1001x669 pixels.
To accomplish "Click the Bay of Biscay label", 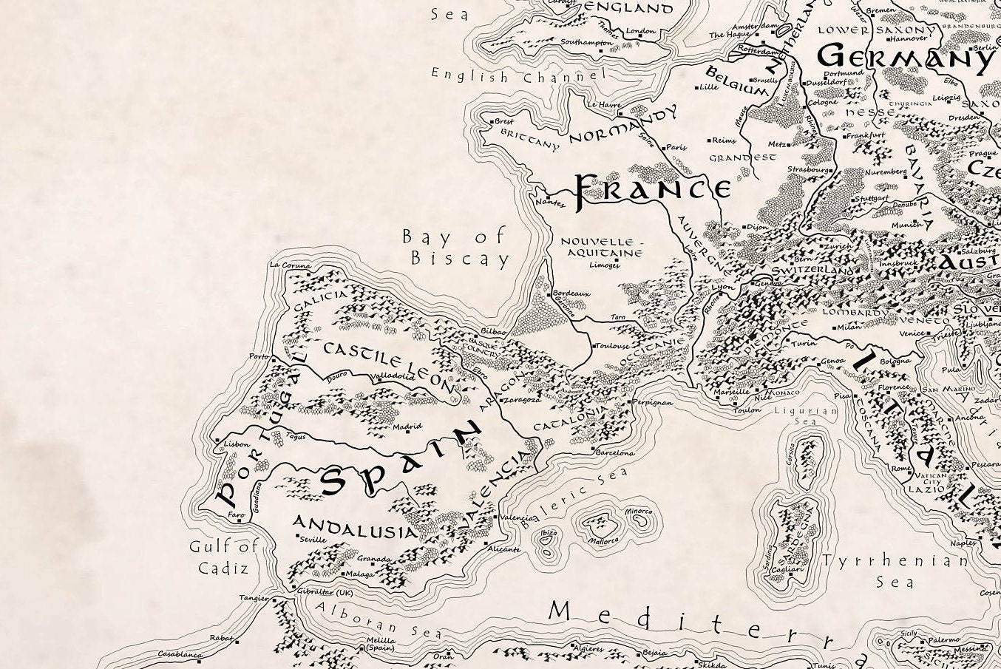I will pyautogui.click(x=456, y=248).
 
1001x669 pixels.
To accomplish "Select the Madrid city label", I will pyautogui.click(x=407, y=427).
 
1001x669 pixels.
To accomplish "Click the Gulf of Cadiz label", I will pyautogui.click(x=223, y=557).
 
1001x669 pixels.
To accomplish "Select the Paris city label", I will pyautogui.click(x=676, y=147).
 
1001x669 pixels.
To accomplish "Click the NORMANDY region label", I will pyautogui.click(x=622, y=126).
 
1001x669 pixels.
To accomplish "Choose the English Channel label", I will pyautogui.click(x=518, y=75).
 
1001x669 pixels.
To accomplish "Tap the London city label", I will pyautogui.click(x=640, y=32).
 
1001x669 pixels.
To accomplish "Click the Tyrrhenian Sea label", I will pyautogui.click(x=895, y=571).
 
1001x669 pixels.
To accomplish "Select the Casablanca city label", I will pyautogui.click(x=180, y=654).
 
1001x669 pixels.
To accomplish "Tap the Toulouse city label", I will pyautogui.click(x=613, y=346).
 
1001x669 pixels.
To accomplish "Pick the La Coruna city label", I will pyautogui.click(x=291, y=265).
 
